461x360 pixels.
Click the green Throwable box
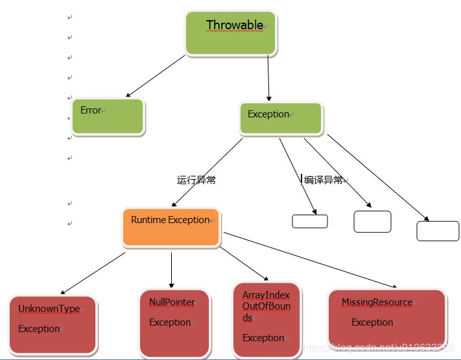231,32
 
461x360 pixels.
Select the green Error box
108,117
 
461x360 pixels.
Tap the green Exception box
281,118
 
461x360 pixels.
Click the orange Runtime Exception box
171,227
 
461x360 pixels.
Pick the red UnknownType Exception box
53,324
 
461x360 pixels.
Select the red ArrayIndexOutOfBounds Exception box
266,320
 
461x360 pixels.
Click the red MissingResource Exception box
387,318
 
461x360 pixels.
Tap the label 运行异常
196,180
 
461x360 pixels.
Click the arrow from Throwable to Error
156,77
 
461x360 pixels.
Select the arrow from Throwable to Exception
267,78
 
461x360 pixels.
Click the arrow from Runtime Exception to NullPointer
171,269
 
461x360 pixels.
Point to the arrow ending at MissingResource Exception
311,260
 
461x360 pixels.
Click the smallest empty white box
310,221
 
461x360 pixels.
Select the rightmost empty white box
438,231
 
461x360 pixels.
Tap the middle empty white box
372,221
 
